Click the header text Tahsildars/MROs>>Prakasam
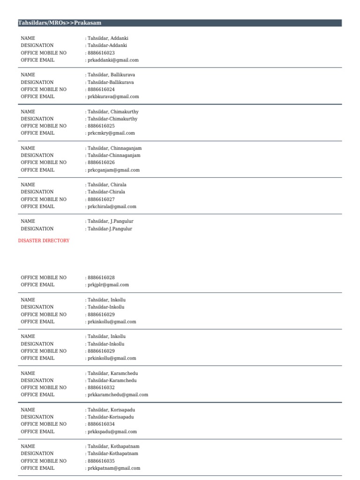[60, 23]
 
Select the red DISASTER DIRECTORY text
[44, 240]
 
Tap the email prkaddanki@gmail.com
[112, 60]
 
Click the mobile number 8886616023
[101, 53]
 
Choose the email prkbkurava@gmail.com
[113, 97]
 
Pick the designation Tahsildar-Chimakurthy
[112, 119]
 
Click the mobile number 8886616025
[101, 126]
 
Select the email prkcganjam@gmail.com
[113, 170]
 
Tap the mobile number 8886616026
[101, 163]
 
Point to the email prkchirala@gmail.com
[112, 206]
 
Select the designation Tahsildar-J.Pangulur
[110, 229]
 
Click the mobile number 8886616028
[101, 277]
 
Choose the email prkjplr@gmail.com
[108, 285]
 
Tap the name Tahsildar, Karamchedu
[113, 373]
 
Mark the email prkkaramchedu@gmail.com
[117, 395]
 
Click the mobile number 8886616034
[101, 424]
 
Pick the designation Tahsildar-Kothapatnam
[113, 454]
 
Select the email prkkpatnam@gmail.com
[113, 468]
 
